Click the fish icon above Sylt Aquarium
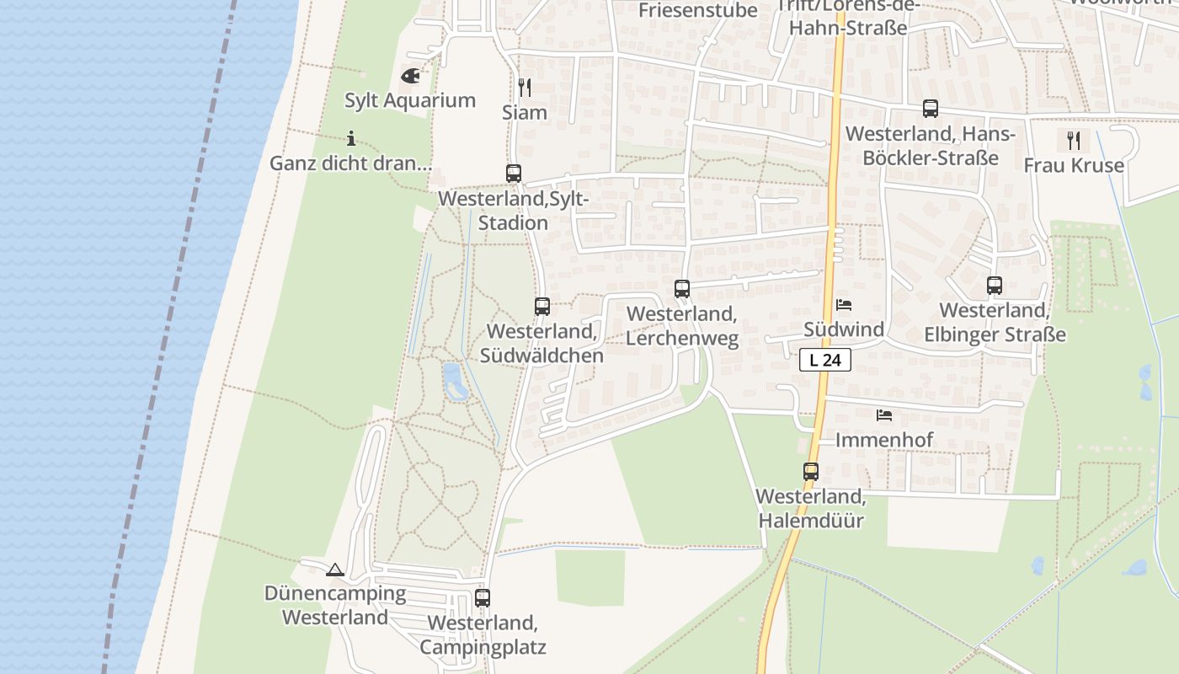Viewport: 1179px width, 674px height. (x=410, y=77)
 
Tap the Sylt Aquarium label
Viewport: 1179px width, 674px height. (x=410, y=100)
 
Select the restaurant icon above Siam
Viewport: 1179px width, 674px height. (x=524, y=88)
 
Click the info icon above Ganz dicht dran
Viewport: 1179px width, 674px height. (x=351, y=139)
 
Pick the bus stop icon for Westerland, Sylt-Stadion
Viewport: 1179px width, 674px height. (x=514, y=174)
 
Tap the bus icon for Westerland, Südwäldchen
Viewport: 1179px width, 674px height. (x=542, y=307)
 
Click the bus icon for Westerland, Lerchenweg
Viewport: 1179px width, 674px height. (x=682, y=289)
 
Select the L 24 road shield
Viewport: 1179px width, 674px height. (x=825, y=360)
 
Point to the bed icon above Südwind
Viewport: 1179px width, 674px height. (x=844, y=305)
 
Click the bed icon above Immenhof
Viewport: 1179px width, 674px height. (x=884, y=415)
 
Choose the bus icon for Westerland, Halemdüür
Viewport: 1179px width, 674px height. (x=811, y=472)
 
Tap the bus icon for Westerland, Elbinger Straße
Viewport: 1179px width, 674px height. (x=995, y=286)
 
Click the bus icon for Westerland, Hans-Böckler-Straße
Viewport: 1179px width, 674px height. (x=931, y=109)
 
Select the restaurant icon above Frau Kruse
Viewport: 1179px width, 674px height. (x=1074, y=140)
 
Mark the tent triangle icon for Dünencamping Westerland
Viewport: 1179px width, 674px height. (x=335, y=570)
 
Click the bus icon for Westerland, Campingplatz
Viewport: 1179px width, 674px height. (x=483, y=598)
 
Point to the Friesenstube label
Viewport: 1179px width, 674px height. (x=698, y=10)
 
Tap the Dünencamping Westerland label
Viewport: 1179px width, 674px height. (x=335, y=605)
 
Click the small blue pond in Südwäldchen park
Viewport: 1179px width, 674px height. (x=454, y=380)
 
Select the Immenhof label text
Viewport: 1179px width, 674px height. (x=884, y=440)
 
